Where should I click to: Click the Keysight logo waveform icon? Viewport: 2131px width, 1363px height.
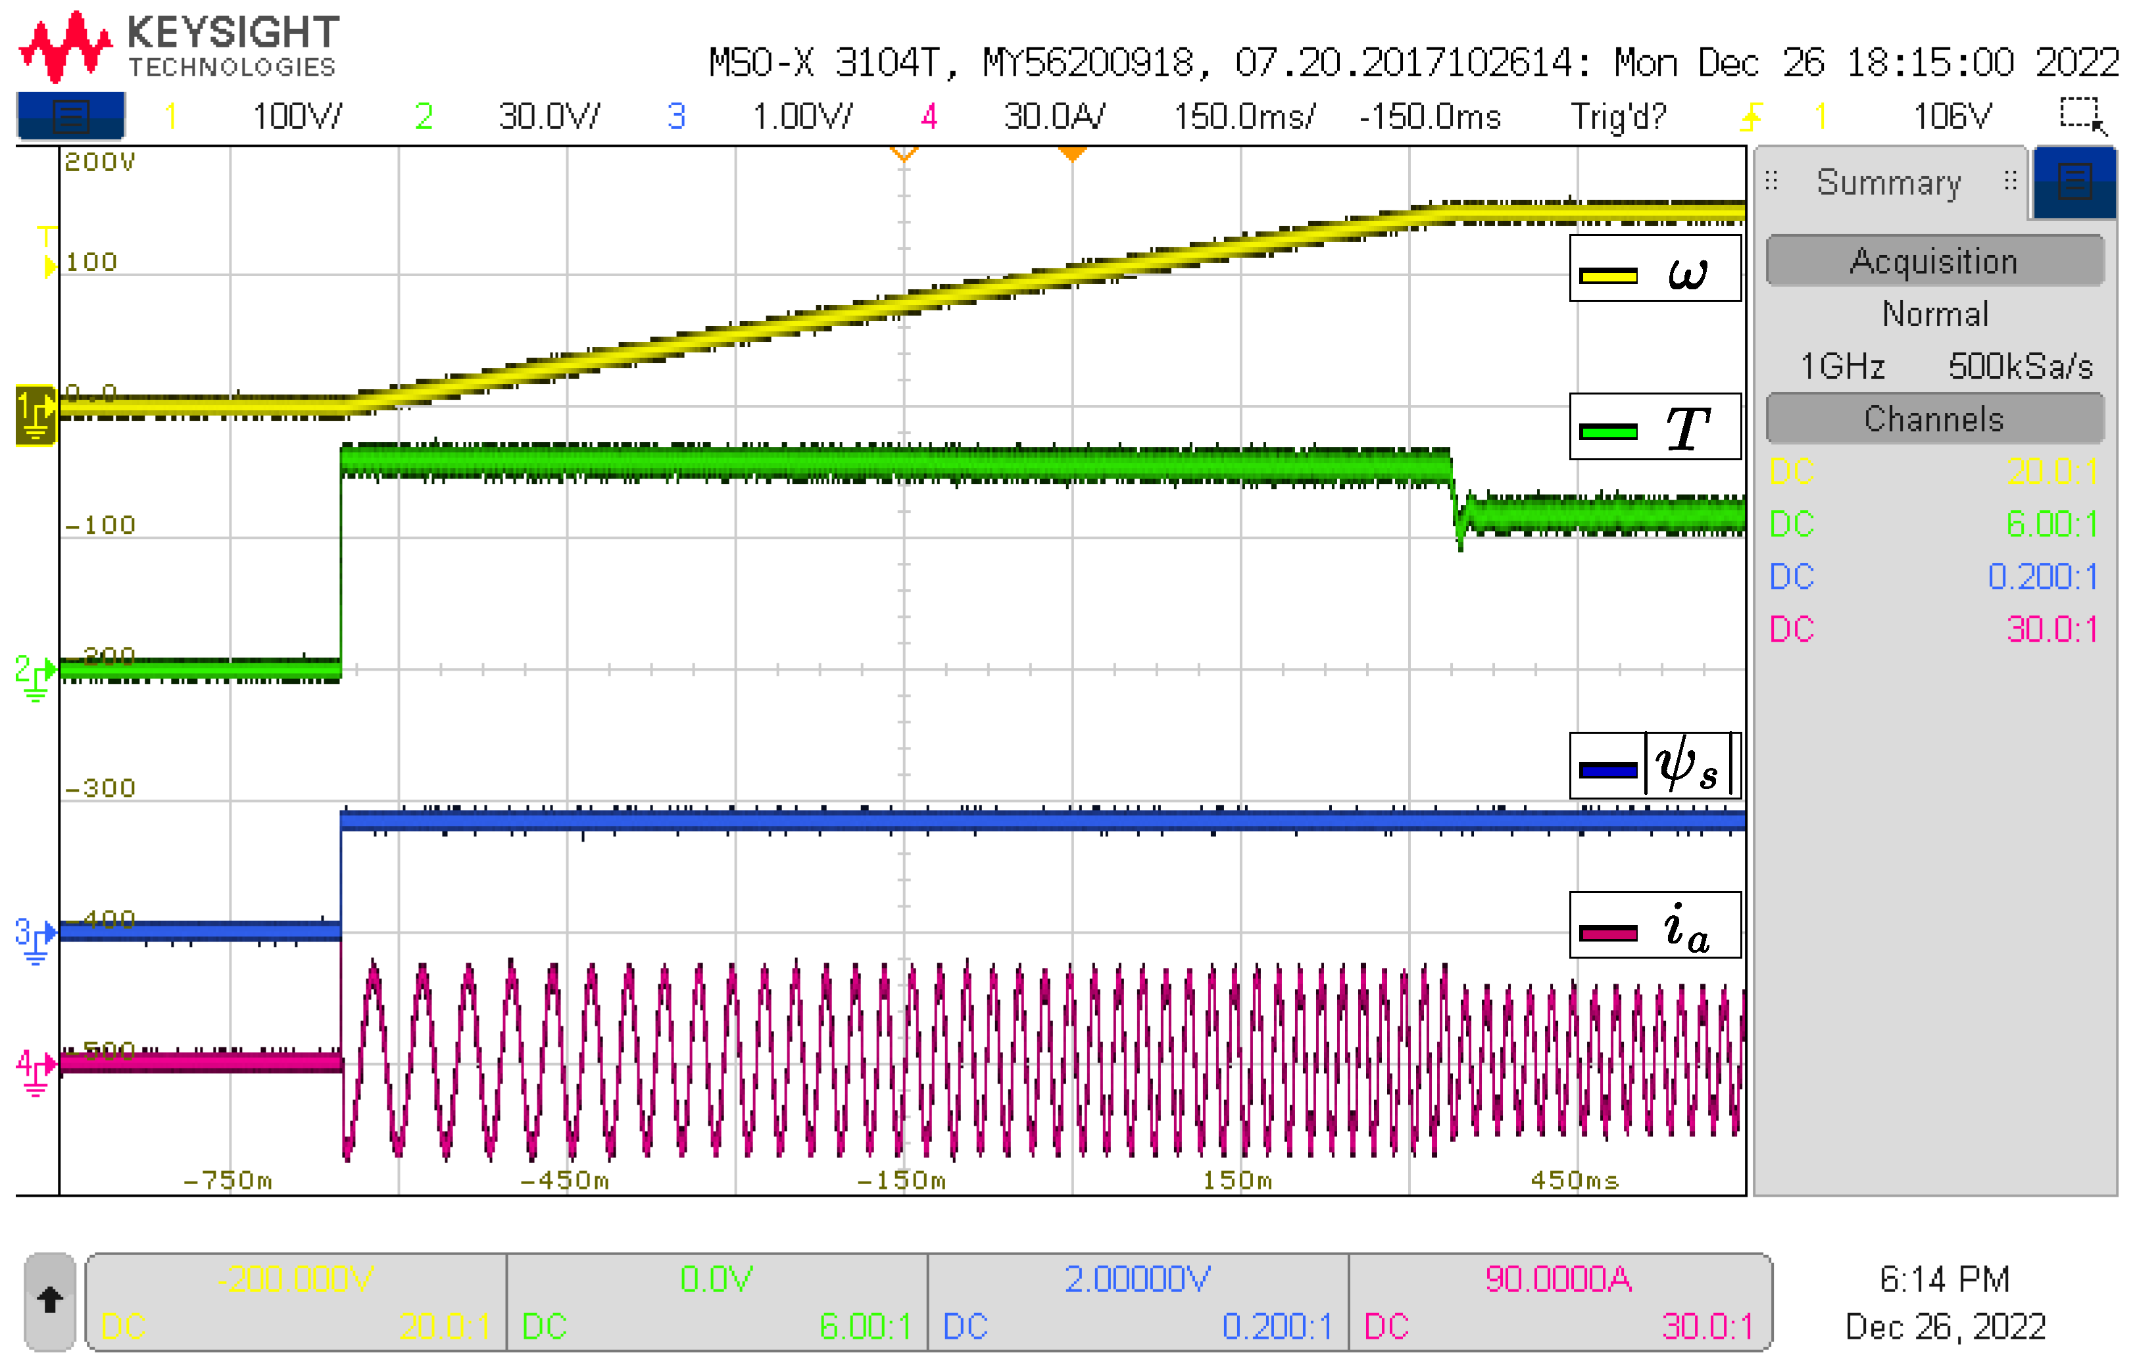coord(66,47)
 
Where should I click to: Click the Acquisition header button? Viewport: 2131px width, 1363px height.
coord(1934,261)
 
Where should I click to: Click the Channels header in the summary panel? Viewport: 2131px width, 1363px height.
coord(1934,419)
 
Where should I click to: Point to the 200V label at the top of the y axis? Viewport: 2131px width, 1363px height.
coord(99,162)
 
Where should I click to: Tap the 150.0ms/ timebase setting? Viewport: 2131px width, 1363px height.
coord(1244,116)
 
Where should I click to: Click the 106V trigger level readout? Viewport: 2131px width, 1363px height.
coord(1951,116)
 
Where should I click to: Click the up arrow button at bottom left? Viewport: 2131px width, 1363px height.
coord(49,1300)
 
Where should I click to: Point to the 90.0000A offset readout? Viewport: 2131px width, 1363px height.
coord(1558,1279)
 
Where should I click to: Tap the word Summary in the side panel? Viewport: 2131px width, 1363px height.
coord(1888,182)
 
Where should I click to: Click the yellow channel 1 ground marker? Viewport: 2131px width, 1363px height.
coord(36,414)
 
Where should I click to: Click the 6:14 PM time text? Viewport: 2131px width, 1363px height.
coord(1944,1279)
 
